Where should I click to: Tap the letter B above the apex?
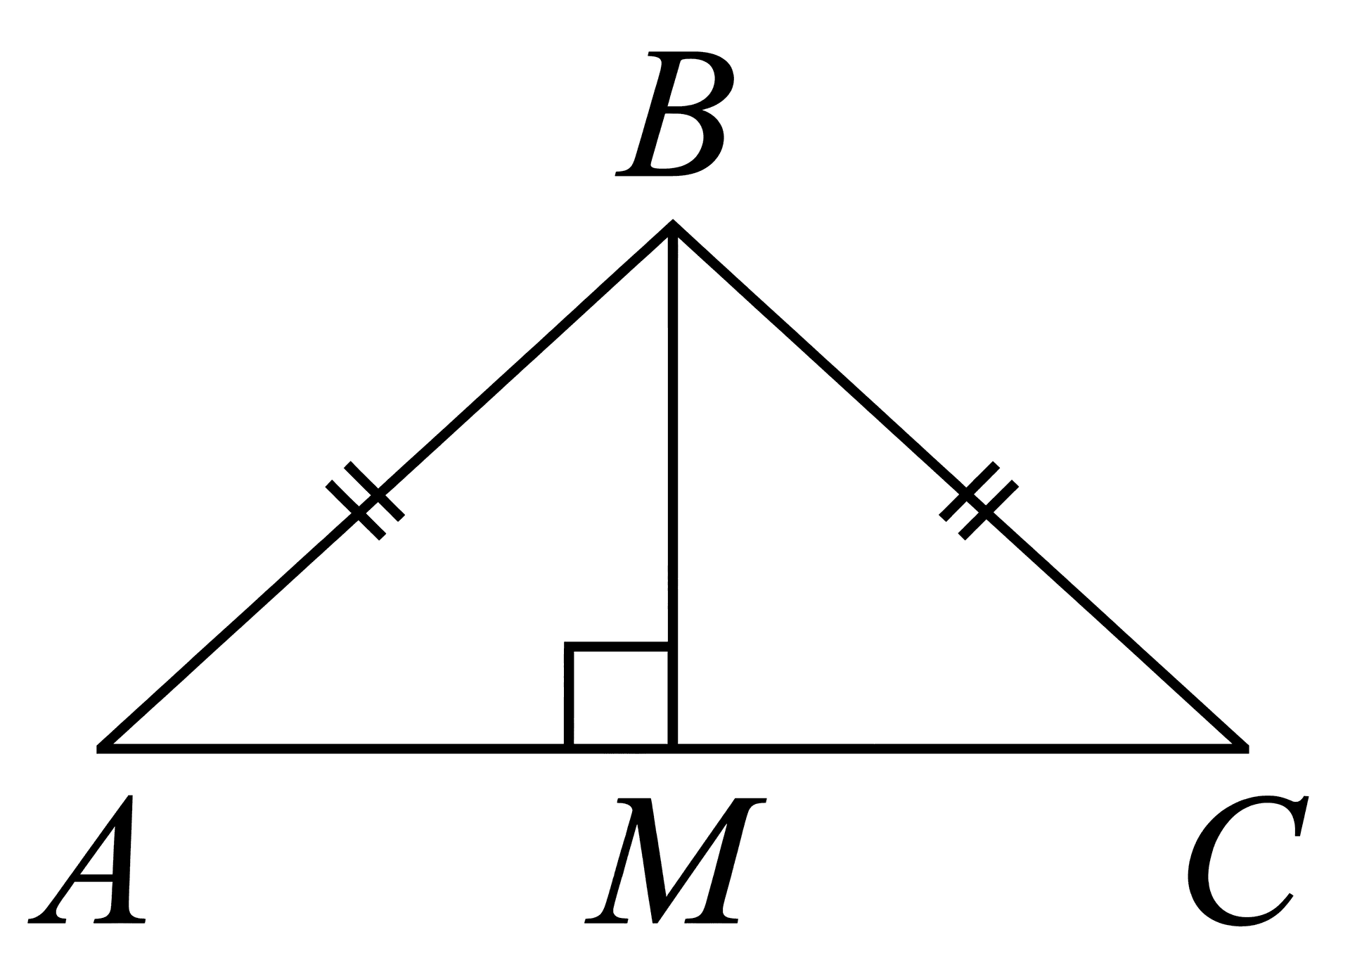671,114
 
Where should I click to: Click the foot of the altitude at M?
673,748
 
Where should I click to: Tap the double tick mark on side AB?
365,500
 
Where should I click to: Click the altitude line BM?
673,485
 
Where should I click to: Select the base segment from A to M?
386,748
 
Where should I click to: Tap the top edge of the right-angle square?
617,646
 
